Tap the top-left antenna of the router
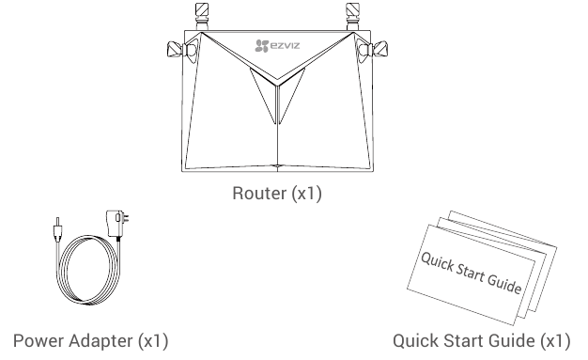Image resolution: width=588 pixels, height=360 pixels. (201, 15)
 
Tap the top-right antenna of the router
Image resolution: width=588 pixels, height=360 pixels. (353, 15)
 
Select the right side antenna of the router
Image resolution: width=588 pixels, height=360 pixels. (379, 50)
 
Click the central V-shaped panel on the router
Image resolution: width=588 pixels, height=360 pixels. (277, 94)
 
